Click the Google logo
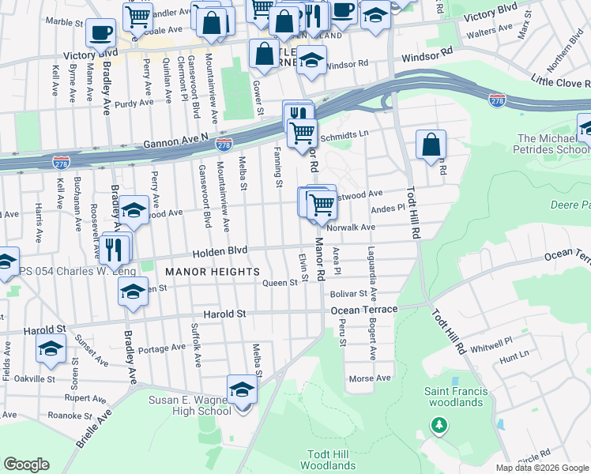click(x=27, y=465)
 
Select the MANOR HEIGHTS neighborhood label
click(x=213, y=272)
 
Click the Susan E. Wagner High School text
click(x=190, y=405)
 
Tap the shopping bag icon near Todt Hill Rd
click(x=431, y=145)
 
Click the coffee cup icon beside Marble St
click(x=100, y=33)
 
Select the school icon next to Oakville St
click(x=51, y=348)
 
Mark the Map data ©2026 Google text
click(x=542, y=468)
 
